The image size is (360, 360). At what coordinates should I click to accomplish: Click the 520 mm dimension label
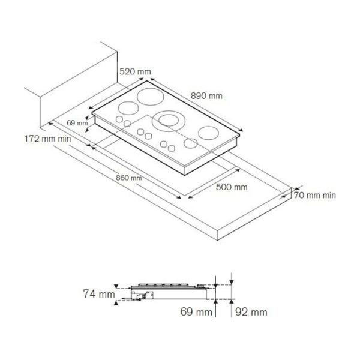pos(135,71)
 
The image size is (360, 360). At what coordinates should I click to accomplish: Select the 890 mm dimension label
pos(206,96)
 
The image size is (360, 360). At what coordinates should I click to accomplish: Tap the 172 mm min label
pos(48,139)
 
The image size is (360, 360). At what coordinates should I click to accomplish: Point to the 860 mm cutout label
pos(129,178)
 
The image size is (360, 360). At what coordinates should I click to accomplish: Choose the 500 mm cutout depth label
pos(232,187)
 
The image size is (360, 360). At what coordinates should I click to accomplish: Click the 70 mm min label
pos(315,196)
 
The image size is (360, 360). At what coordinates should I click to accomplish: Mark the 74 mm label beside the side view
pos(99,293)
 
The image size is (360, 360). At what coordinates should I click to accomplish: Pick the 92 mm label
pos(251,312)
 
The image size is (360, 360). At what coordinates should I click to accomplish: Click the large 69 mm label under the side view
pos(196,312)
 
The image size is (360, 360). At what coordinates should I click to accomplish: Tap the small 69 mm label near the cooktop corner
pos(77,123)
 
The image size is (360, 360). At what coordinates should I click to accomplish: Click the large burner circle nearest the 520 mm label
pos(151,97)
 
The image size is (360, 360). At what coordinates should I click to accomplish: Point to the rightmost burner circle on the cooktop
pos(208,133)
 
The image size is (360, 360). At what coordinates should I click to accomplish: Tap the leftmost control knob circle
pos(119,119)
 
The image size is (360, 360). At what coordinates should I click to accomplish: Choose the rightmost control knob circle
pos(172,149)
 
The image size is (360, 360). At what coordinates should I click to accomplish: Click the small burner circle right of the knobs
pos(191,143)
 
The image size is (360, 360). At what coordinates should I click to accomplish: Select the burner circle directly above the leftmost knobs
pos(128,108)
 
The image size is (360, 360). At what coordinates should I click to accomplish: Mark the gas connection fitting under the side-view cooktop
pos(139,298)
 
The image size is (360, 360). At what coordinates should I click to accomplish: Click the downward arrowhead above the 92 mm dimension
pos(232,282)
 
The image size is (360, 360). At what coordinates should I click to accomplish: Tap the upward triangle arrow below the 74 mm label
pos(116,303)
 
